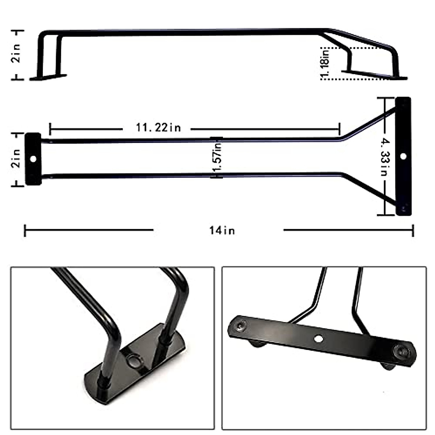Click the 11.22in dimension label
tap(158, 128)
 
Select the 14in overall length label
tap(222, 230)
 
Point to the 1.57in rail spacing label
tap(217, 158)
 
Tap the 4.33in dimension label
tap(384, 156)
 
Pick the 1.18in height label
tap(325, 63)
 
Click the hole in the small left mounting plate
tap(33, 159)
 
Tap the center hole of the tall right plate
tap(403, 156)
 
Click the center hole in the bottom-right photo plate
tap(319, 338)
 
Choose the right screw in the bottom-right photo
tap(401, 351)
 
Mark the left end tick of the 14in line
tap(25, 230)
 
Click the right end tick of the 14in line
tap(413, 230)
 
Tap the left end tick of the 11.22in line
tap(50, 128)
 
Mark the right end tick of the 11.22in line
tap(340, 128)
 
